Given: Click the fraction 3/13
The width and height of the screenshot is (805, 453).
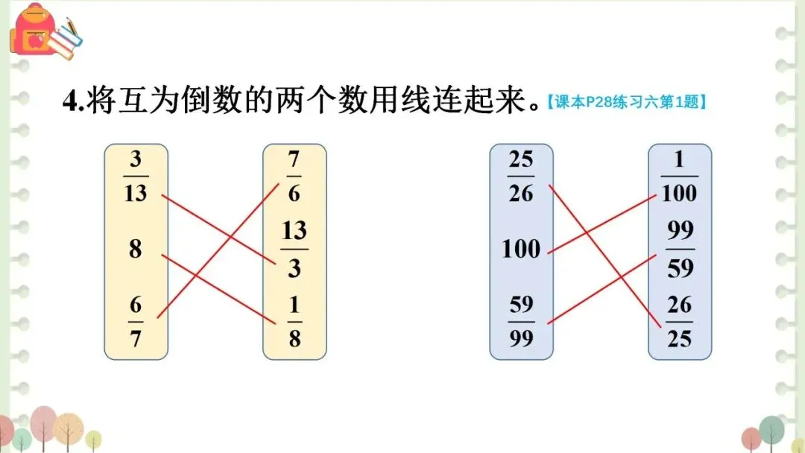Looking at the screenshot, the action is [136, 177].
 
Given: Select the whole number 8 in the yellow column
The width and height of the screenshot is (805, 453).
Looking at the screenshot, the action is [135, 248].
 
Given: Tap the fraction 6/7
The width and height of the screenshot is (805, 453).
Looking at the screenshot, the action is [136, 321].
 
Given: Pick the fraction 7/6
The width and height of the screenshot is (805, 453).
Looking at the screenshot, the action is [294, 177].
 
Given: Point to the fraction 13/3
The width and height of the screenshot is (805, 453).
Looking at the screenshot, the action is [294, 248].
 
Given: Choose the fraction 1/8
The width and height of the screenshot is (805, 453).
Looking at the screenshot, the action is [294, 321].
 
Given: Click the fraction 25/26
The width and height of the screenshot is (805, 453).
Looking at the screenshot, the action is [521, 177].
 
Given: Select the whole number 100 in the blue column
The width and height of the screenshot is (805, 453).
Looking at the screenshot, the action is [521, 248].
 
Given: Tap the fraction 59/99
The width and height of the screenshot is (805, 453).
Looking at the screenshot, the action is [521, 321].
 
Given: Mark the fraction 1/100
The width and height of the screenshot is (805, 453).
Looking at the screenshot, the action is [679, 177].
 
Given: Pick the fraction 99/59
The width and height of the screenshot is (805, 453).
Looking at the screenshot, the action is [680, 248].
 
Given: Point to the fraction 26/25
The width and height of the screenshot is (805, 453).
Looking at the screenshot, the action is [680, 321].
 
